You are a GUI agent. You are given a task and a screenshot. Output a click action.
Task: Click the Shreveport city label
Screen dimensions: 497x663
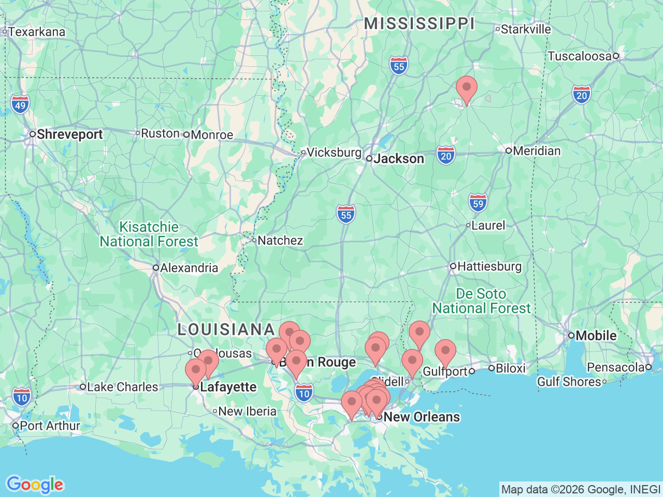pyautogui.click(x=69, y=135)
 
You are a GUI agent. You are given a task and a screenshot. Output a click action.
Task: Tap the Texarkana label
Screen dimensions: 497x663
pyautogui.click(x=36, y=32)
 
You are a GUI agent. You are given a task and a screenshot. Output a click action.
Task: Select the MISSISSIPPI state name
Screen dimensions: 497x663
pyautogui.click(x=419, y=23)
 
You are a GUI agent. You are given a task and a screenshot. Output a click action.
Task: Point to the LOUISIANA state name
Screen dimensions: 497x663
pyautogui.click(x=226, y=329)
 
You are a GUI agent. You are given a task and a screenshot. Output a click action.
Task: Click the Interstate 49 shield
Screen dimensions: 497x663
pyautogui.click(x=20, y=105)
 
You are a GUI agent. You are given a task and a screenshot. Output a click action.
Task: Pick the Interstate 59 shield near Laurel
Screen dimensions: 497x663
pyautogui.click(x=478, y=203)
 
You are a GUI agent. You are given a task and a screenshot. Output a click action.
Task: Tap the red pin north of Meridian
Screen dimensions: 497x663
pyautogui.click(x=466, y=89)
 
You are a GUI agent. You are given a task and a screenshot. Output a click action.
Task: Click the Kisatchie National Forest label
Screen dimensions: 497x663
pyautogui.click(x=149, y=235)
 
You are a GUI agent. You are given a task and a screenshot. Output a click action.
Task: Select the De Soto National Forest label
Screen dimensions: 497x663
pyautogui.click(x=481, y=301)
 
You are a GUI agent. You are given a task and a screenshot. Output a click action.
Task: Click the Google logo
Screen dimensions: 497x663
pyautogui.click(x=35, y=485)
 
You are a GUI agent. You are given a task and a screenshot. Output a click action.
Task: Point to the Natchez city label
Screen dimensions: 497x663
pyautogui.click(x=280, y=241)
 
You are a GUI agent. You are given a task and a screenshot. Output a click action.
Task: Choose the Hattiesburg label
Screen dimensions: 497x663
pyautogui.click(x=489, y=267)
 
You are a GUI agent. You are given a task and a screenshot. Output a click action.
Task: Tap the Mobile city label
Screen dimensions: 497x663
pyautogui.click(x=596, y=336)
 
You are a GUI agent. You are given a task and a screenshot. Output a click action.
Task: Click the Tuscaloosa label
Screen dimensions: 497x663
pyautogui.click(x=579, y=56)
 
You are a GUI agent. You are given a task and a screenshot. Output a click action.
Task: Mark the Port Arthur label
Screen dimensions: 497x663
pyautogui.click(x=50, y=426)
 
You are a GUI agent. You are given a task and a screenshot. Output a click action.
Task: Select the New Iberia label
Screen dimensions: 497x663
pyautogui.click(x=247, y=412)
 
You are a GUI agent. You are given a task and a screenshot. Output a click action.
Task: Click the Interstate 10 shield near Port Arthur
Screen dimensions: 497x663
pyautogui.click(x=21, y=398)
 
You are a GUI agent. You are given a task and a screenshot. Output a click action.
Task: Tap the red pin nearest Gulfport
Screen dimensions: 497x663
pyautogui.click(x=445, y=353)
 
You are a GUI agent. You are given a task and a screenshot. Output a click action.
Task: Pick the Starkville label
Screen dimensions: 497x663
pyautogui.click(x=525, y=30)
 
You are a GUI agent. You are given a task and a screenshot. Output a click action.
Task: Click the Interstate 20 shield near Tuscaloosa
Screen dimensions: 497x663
pyautogui.click(x=582, y=95)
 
